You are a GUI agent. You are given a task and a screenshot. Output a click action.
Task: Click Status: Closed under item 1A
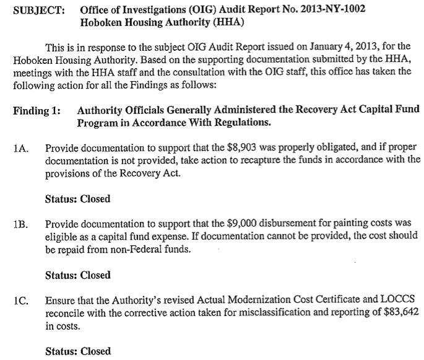point(77,199)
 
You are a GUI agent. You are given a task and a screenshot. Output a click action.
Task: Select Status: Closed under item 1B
point(77,275)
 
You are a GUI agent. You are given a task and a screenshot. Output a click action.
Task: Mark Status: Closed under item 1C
point(77,351)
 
